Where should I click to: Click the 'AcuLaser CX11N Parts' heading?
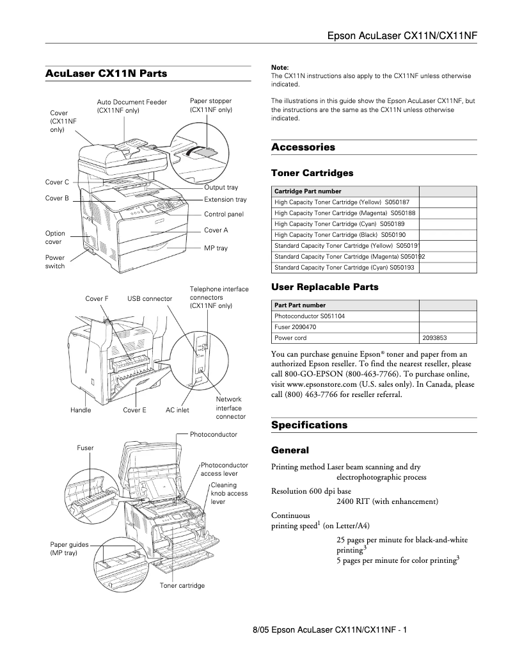pyautogui.click(x=106, y=74)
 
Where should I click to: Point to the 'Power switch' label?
pyautogui.click(x=55, y=262)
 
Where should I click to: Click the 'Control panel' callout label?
pyautogui.click(x=224, y=214)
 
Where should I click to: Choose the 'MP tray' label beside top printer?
pyautogui.click(x=216, y=248)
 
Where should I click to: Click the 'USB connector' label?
pyautogui.click(x=150, y=298)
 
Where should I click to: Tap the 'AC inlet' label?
pyautogui.click(x=177, y=410)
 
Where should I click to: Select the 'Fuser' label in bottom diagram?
pyautogui.click(x=85, y=448)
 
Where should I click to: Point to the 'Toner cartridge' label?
pyautogui.click(x=182, y=585)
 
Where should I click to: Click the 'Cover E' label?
pyautogui.click(x=134, y=410)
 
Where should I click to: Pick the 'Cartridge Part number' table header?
pyautogui.click(x=308, y=191)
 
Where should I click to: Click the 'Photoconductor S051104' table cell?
pyautogui.click(x=310, y=316)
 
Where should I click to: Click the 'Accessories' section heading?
pyautogui.click(x=303, y=147)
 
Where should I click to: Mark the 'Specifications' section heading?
pyautogui.click(x=309, y=425)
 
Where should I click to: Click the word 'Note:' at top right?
pyautogui.click(x=280, y=67)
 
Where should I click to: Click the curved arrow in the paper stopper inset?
pyautogui.click(x=192, y=150)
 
